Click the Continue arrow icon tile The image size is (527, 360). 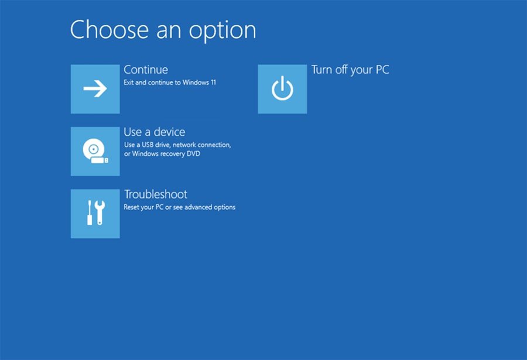click(95, 89)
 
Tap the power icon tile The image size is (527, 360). click(282, 89)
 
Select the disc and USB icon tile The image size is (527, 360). click(95, 151)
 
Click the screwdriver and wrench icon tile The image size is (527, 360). click(95, 213)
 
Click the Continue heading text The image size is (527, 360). click(146, 70)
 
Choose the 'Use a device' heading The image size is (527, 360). click(154, 132)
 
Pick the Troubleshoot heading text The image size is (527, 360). click(155, 194)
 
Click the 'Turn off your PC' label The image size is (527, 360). click(350, 70)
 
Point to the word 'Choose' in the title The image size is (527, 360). click(106, 30)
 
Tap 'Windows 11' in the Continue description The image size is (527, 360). click(199, 83)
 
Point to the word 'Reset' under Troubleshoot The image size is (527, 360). click(132, 207)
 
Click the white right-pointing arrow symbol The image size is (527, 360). click(95, 89)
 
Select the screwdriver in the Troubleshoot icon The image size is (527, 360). click(89, 213)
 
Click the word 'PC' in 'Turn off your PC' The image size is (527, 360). click(382, 70)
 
